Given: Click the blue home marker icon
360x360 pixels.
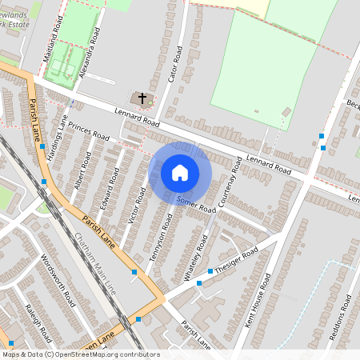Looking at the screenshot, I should pos(180,173).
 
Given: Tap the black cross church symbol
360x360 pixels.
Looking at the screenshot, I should pos(143,98).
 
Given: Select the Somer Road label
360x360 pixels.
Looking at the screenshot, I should pos(196,205).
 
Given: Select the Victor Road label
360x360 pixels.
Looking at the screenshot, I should pos(137,206).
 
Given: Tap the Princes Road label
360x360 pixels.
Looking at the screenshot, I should pos(88,130).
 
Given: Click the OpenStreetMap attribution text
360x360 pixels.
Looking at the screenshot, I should pos(80,354).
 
